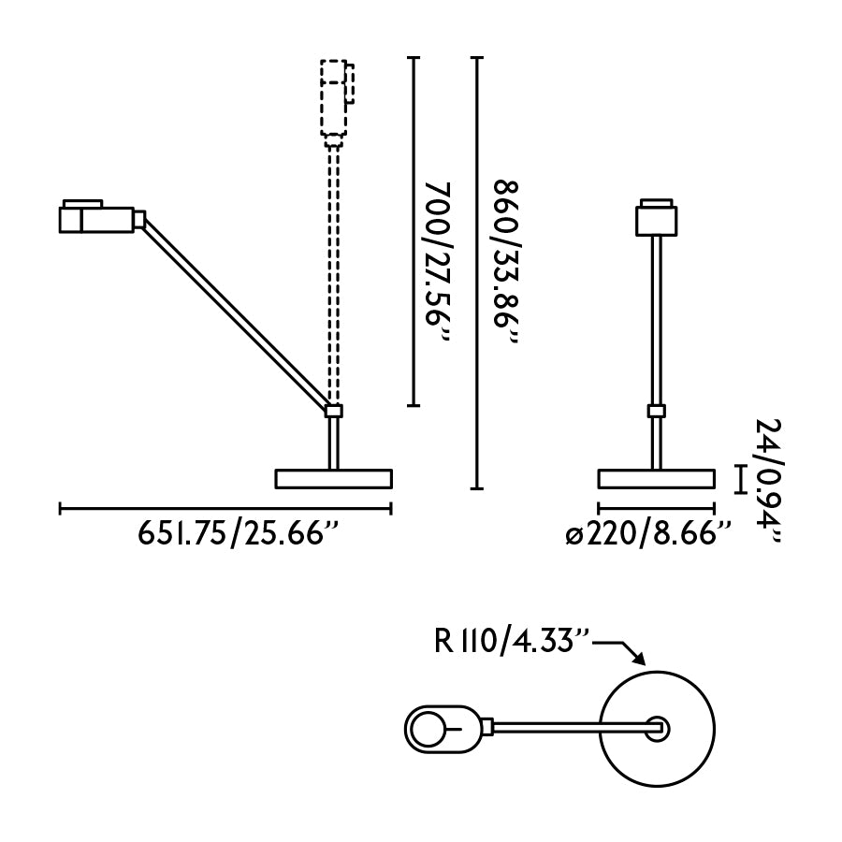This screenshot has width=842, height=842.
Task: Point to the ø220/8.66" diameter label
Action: (x=647, y=534)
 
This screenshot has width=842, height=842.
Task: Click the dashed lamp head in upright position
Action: (x=334, y=97)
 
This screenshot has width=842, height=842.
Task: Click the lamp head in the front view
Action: (x=657, y=217)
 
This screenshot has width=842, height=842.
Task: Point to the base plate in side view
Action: (x=333, y=479)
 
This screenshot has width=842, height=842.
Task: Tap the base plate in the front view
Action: (x=657, y=479)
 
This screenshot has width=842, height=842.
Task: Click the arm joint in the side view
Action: (x=333, y=410)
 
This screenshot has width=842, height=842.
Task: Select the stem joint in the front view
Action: (x=657, y=411)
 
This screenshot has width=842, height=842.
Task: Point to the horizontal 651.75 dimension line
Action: (x=225, y=509)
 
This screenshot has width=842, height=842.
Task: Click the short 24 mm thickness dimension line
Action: (x=740, y=479)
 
